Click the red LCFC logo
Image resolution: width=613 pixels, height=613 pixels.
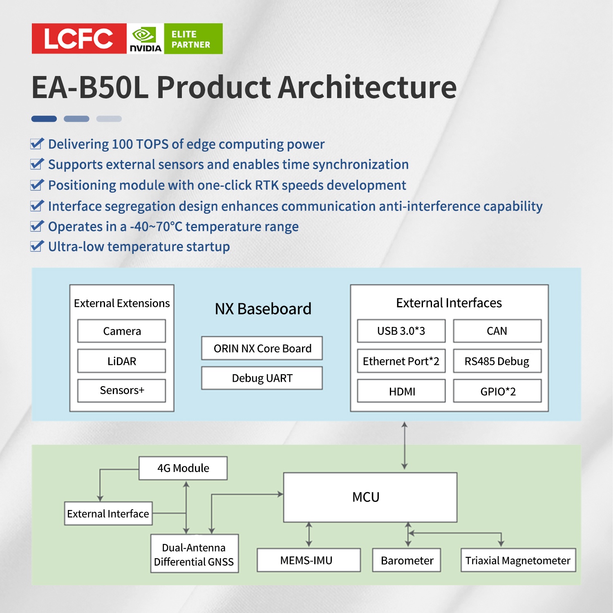pos(79,38)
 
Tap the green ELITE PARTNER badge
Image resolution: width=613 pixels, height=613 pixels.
pos(193,39)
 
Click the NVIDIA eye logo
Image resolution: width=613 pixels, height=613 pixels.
pos(145,35)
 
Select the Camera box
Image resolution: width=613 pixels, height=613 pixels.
pos(122,331)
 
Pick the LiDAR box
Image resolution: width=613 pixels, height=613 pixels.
pos(122,361)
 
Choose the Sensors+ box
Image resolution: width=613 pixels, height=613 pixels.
pos(122,391)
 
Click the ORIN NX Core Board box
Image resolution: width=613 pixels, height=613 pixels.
pos(262,348)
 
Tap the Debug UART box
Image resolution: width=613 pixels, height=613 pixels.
pos(262,378)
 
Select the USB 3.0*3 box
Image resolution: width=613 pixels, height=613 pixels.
pos(401,331)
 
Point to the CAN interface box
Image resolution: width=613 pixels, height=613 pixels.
pos(497,331)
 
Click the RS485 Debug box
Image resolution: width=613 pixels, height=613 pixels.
pos(497,361)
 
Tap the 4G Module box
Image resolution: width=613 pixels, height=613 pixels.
pos(183,468)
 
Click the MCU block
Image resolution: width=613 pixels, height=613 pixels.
pos(370,497)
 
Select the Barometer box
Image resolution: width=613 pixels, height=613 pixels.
pos(407,560)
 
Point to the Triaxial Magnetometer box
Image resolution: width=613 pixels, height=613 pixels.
pos(518,560)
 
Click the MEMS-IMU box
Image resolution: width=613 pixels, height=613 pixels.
pos(309,560)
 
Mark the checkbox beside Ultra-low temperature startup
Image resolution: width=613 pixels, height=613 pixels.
pos(37,246)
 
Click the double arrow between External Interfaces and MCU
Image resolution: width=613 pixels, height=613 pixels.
pos(404,445)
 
